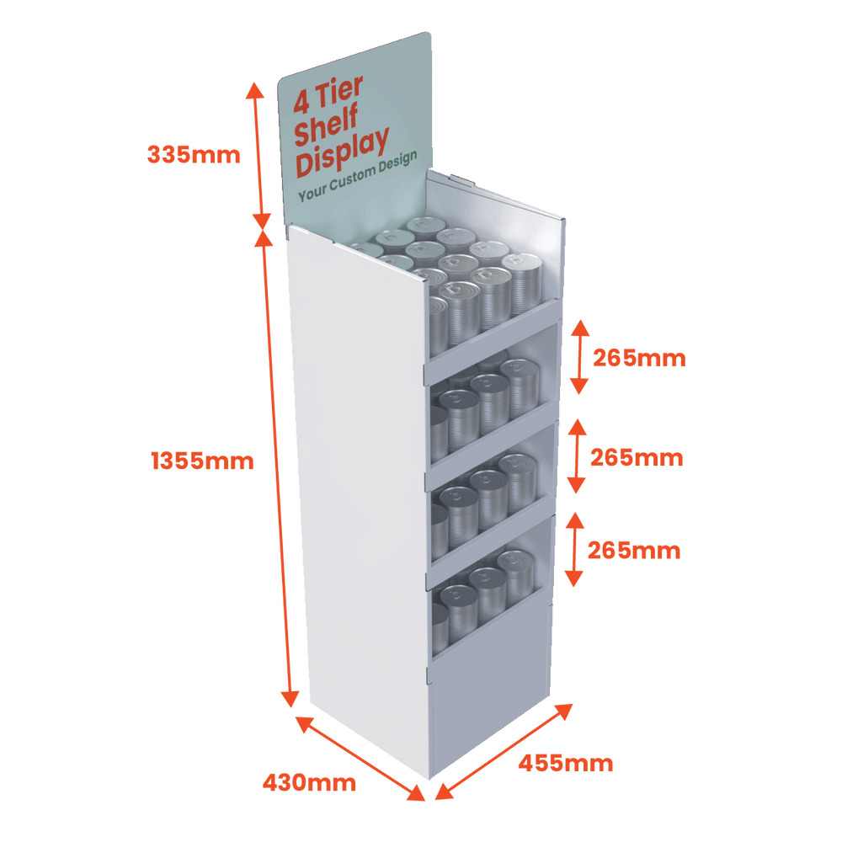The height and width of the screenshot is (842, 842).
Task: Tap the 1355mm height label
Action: pyautogui.click(x=201, y=461)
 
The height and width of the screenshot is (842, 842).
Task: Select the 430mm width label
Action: pyautogui.click(x=309, y=783)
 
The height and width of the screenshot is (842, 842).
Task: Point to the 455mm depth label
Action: pyautogui.click(x=565, y=765)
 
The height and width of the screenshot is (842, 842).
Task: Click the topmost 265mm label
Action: pyautogui.click(x=639, y=359)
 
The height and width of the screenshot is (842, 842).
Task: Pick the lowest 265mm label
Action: pyautogui.click(x=633, y=551)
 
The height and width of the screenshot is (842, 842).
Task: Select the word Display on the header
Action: pyautogui.click(x=343, y=156)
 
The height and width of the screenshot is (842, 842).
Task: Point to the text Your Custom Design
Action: pyautogui.click(x=357, y=182)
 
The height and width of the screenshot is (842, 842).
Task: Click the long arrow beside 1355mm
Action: pyautogui.click(x=277, y=467)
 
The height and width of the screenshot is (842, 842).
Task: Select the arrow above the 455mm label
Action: pyautogui.click(x=505, y=749)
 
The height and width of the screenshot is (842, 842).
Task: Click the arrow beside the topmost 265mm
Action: pyautogui.click(x=578, y=357)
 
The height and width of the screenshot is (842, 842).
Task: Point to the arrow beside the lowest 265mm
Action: pyautogui.click(x=573, y=548)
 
